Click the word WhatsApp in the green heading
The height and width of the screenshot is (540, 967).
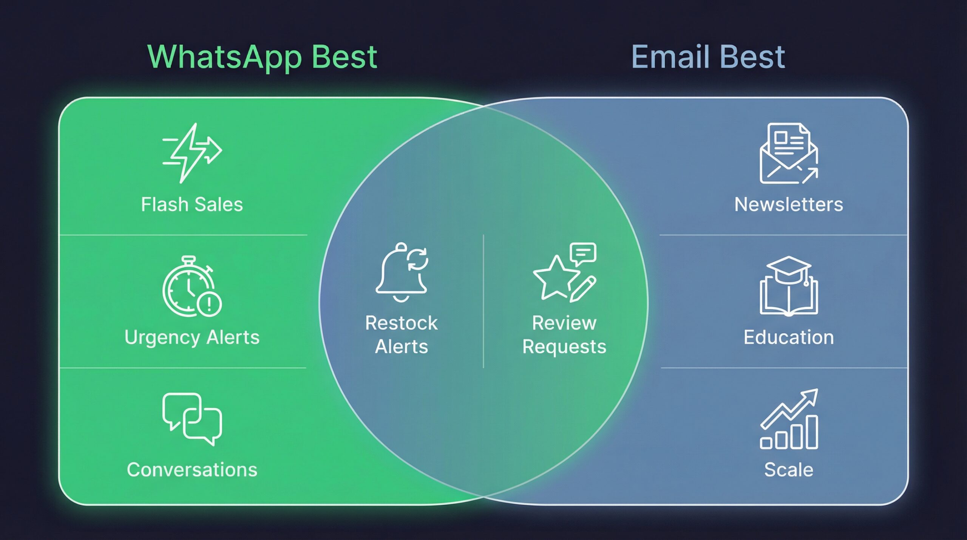pyautogui.click(x=224, y=57)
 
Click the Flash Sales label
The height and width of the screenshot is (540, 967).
pyautogui.click(x=192, y=205)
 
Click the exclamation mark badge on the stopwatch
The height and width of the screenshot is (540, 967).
pyautogui.click(x=209, y=303)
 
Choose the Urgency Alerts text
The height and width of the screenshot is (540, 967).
pyautogui.click(x=192, y=337)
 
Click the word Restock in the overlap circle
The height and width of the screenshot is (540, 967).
pyautogui.click(x=401, y=323)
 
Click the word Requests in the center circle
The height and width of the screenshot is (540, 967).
pyautogui.click(x=564, y=347)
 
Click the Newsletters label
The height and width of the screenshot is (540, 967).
pyautogui.click(x=789, y=205)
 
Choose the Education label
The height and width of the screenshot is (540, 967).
pyautogui.click(x=789, y=337)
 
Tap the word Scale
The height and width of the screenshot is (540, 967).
pyautogui.click(x=789, y=470)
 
